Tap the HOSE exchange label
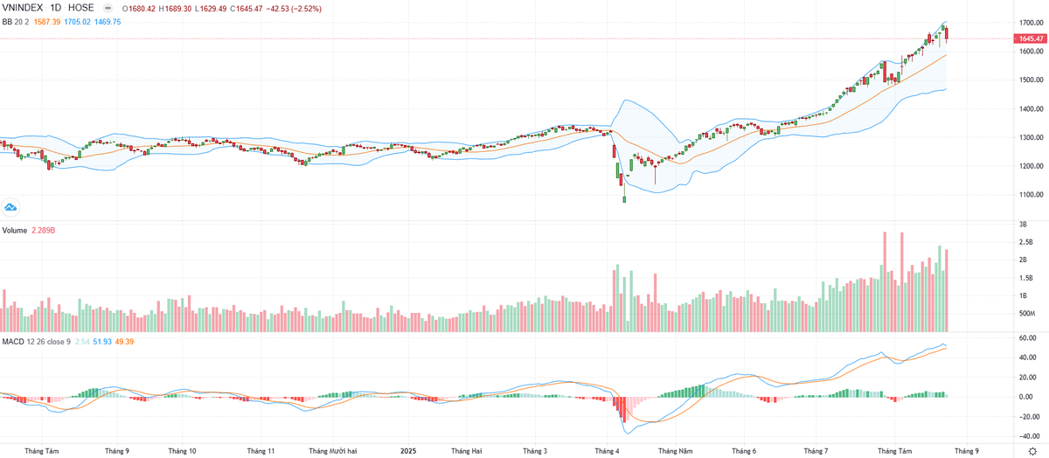pyautogui.click(x=81, y=8)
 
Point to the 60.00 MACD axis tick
pyautogui.click(x=1028, y=338)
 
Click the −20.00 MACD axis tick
pyautogui.click(x=1026, y=417)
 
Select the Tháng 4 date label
pyautogui.click(x=606, y=451)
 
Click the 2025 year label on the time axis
pyautogui.click(x=408, y=451)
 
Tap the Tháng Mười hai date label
pyautogui.click(x=333, y=451)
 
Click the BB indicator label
pyautogui.click(x=7, y=22)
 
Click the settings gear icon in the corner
pyautogui.click(x=1032, y=451)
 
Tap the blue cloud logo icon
pyautogui.click(x=10, y=207)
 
